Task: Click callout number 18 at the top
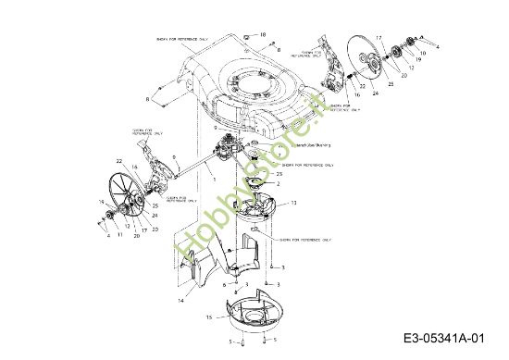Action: click(263, 34)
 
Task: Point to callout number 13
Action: click(293, 202)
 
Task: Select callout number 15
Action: click(209, 315)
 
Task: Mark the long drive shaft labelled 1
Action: click(190, 168)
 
